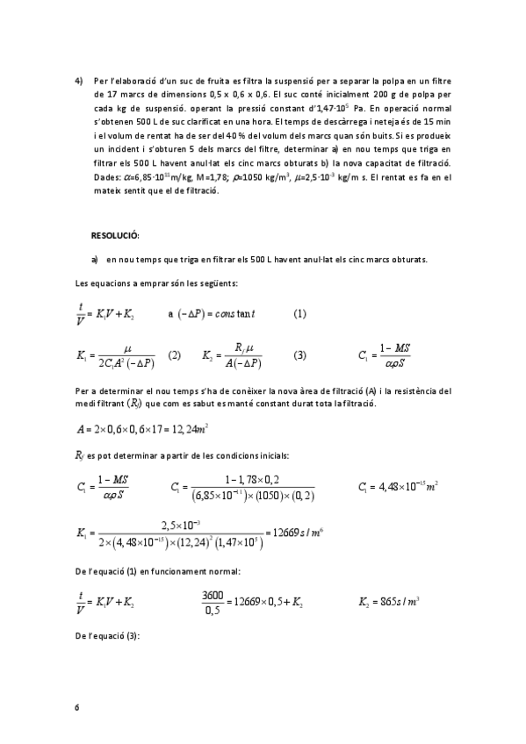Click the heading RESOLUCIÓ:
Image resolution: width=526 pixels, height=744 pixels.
115,236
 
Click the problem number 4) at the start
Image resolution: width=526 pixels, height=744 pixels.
79,81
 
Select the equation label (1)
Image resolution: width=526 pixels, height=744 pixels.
300,314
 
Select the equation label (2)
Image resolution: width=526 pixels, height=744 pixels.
174,355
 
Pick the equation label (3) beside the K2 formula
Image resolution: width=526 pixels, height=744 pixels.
300,355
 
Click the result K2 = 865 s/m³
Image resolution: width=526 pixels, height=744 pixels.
390,603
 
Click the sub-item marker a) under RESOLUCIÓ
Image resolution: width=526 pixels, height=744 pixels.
94,260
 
